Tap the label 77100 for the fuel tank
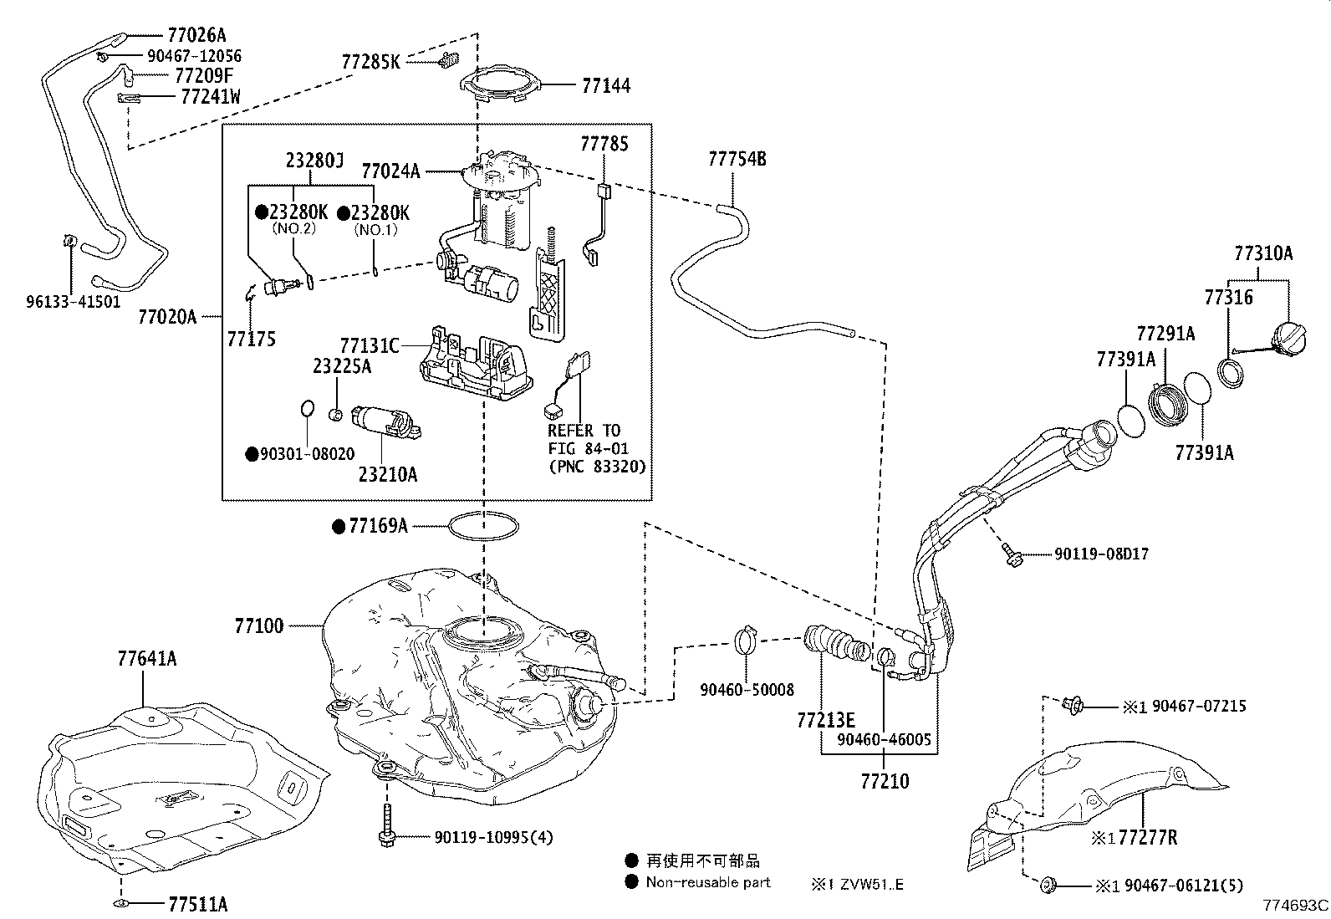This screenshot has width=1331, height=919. click(x=259, y=625)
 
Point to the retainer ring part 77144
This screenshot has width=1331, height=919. click(x=500, y=84)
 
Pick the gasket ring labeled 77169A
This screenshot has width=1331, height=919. click(x=483, y=525)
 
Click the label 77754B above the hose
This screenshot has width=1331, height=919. click(x=737, y=158)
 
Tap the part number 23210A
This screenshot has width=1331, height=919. click(x=388, y=474)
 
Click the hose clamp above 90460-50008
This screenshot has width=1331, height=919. click(x=747, y=641)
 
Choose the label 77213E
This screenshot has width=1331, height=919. click(x=826, y=720)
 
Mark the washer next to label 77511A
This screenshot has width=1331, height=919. click(x=121, y=904)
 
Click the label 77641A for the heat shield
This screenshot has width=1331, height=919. click(x=146, y=659)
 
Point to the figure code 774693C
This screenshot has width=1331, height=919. click(x=1295, y=905)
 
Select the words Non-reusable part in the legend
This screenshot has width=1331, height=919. click(x=708, y=882)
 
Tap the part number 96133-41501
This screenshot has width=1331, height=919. click(x=73, y=302)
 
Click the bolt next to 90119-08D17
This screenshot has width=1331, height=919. click(x=1012, y=554)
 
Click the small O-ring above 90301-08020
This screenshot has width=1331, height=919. click(x=307, y=408)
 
